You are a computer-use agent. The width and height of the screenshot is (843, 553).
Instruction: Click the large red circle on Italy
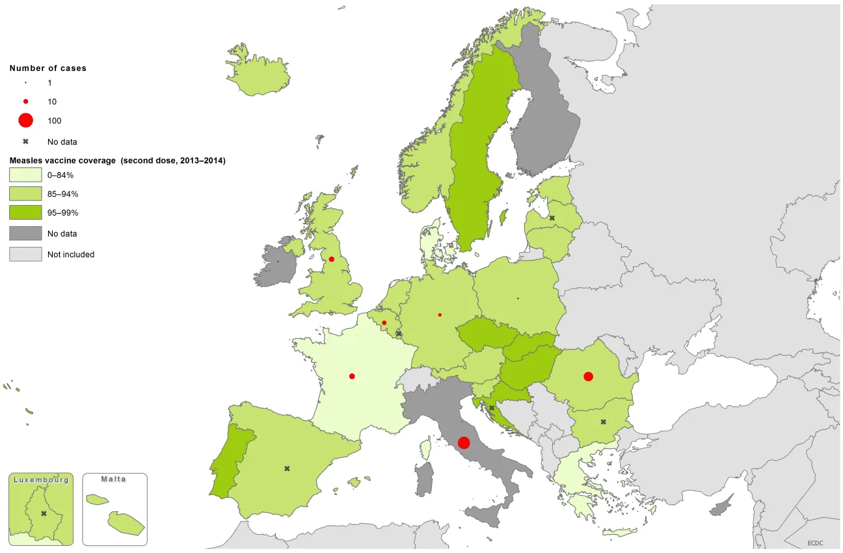(x=464, y=443)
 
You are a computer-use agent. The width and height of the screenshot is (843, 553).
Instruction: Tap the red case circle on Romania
(x=588, y=376)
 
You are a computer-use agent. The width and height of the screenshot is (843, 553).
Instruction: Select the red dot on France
(x=352, y=376)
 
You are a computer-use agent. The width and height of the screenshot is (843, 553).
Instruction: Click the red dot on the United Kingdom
(x=331, y=259)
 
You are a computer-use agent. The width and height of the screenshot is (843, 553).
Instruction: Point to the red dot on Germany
(x=440, y=315)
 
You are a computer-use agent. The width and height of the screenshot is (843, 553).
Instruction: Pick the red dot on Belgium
(x=384, y=323)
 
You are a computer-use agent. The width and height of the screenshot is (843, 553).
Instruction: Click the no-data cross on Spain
(x=287, y=468)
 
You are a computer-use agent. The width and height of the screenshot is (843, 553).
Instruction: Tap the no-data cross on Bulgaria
(x=603, y=422)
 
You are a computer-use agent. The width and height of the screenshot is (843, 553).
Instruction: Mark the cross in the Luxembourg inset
(x=44, y=513)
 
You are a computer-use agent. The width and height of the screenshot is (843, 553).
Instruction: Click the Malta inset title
(x=114, y=479)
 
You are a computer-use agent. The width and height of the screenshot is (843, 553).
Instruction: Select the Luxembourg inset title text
(x=41, y=479)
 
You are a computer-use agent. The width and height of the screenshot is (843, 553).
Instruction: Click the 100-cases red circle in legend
(x=25, y=121)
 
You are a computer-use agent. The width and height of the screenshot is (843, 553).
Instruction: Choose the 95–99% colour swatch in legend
(x=25, y=212)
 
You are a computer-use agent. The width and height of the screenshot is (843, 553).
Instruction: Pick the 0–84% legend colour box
(x=25, y=175)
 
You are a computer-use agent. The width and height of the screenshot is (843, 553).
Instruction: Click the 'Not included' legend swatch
(x=25, y=254)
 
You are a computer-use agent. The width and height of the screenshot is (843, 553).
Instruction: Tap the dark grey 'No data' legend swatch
(x=25, y=233)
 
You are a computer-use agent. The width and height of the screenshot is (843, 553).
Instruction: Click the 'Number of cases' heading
(x=47, y=68)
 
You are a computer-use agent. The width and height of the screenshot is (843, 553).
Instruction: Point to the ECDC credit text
(x=816, y=543)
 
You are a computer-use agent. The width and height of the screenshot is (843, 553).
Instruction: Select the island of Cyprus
(x=721, y=506)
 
